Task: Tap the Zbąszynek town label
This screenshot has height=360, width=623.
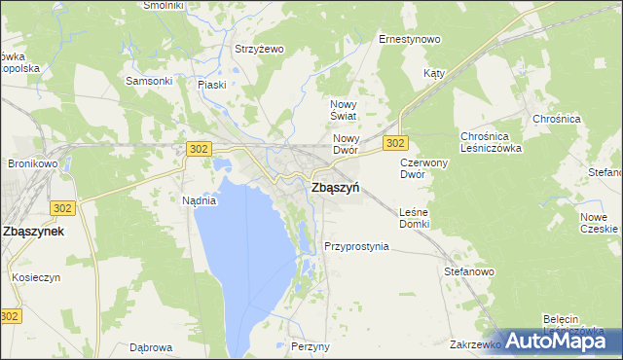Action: (x=34, y=232)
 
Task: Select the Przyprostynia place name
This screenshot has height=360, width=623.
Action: (x=356, y=246)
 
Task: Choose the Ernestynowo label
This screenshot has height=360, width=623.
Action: (x=409, y=40)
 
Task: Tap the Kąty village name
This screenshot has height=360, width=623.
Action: (x=434, y=73)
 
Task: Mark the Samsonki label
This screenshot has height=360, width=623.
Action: (x=143, y=81)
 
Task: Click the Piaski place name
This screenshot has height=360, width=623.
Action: (x=211, y=85)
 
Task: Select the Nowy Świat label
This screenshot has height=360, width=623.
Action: (x=345, y=110)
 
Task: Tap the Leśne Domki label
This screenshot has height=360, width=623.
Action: (x=415, y=218)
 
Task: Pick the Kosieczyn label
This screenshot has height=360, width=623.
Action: (x=37, y=277)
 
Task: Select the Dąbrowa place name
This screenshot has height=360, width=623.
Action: (x=151, y=346)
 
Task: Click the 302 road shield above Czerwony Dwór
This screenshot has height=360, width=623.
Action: (x=394, y=143)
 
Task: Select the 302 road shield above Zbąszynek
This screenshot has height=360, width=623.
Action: (x=62, y=208)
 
